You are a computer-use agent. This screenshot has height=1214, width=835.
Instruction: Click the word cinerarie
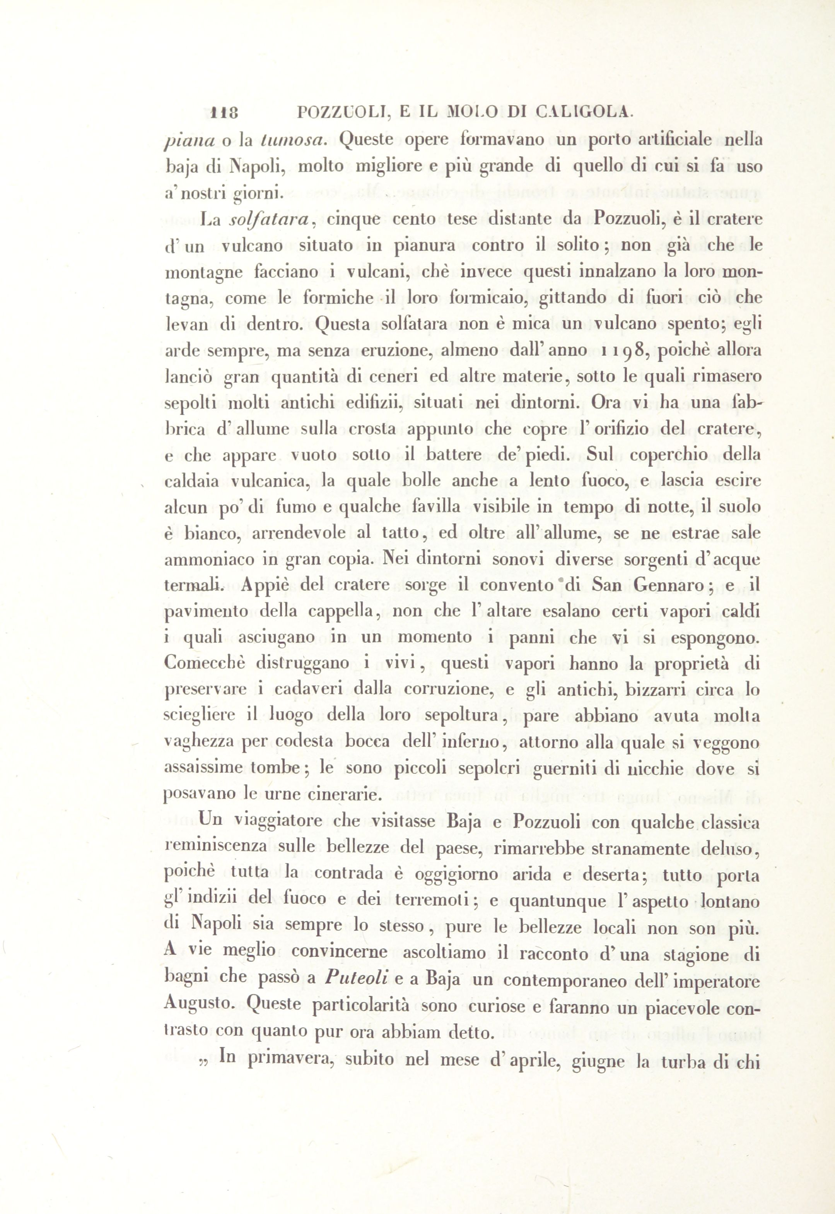pos(347,794)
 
